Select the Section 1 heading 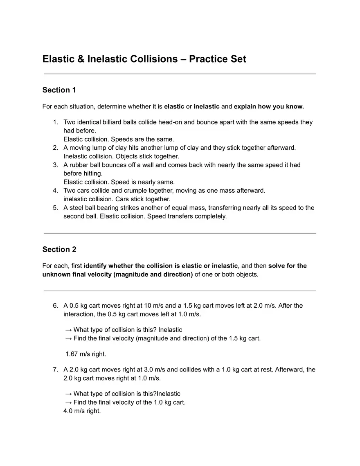tap(59, 90)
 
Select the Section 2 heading tap(59, 250)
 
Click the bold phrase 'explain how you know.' tap(269, 107)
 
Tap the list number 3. tap(55, 165)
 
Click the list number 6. tap(55, 306)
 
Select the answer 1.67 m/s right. tap(85, 354)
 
